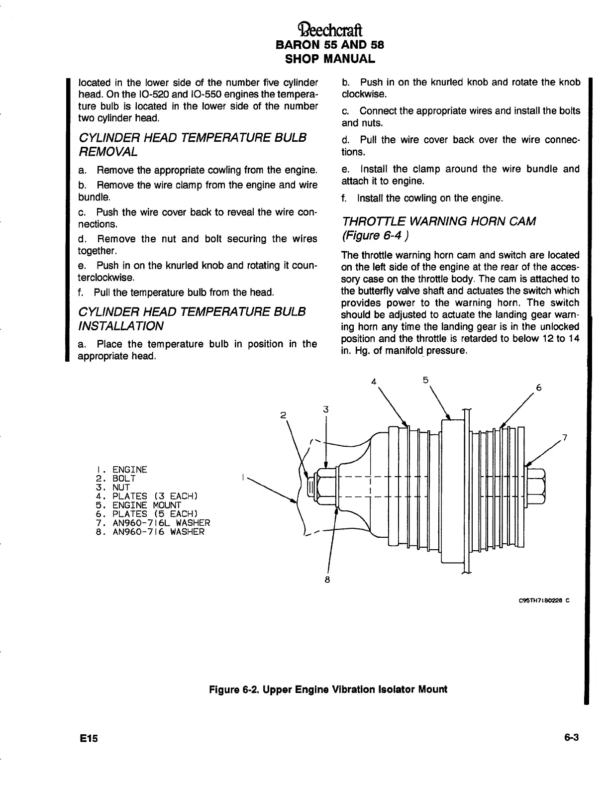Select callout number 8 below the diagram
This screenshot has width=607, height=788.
(x=327, y=580)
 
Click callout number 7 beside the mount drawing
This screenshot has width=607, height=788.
(x=564, y=438)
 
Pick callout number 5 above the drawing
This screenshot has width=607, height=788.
(x=425, y=380)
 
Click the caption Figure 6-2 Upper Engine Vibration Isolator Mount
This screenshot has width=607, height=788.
(x=328, y=689)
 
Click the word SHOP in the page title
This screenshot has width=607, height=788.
(x=302, y=59)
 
